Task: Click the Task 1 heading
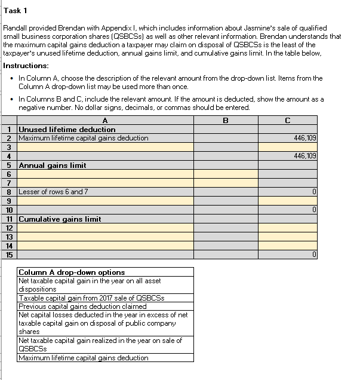pos(16,11)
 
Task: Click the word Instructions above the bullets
pos(26,65)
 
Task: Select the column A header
pos(105,120)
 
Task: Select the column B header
pos(226,120)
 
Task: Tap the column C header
pos(288,120)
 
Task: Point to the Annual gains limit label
pos(53,165)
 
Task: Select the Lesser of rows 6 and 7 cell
pos(53,192)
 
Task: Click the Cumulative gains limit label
pos(60,219)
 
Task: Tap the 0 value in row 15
pos(313,255)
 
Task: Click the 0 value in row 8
pos(313,192)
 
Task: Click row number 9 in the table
pos(9,201)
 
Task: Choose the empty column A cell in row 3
pos(105,147)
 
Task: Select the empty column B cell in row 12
pos(226,228)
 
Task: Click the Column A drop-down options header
pos(72,272)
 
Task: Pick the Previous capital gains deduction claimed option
pos(82,307)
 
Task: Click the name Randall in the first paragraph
pos(16,28)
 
